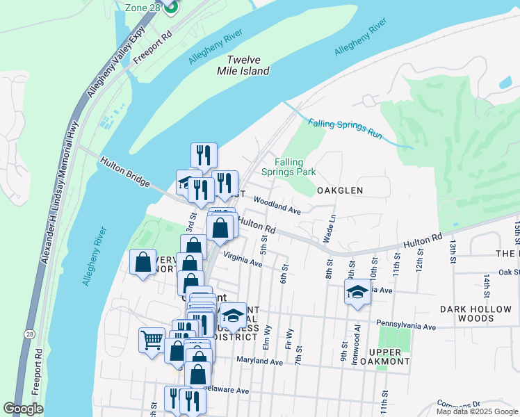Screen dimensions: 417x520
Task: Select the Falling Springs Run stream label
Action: coord(346,129)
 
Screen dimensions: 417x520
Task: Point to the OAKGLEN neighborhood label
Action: coord(341,190)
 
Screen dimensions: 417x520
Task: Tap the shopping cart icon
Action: coord(152,341)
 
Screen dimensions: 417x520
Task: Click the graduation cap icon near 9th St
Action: coord(357,292)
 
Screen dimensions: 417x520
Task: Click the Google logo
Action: coord(23,409)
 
